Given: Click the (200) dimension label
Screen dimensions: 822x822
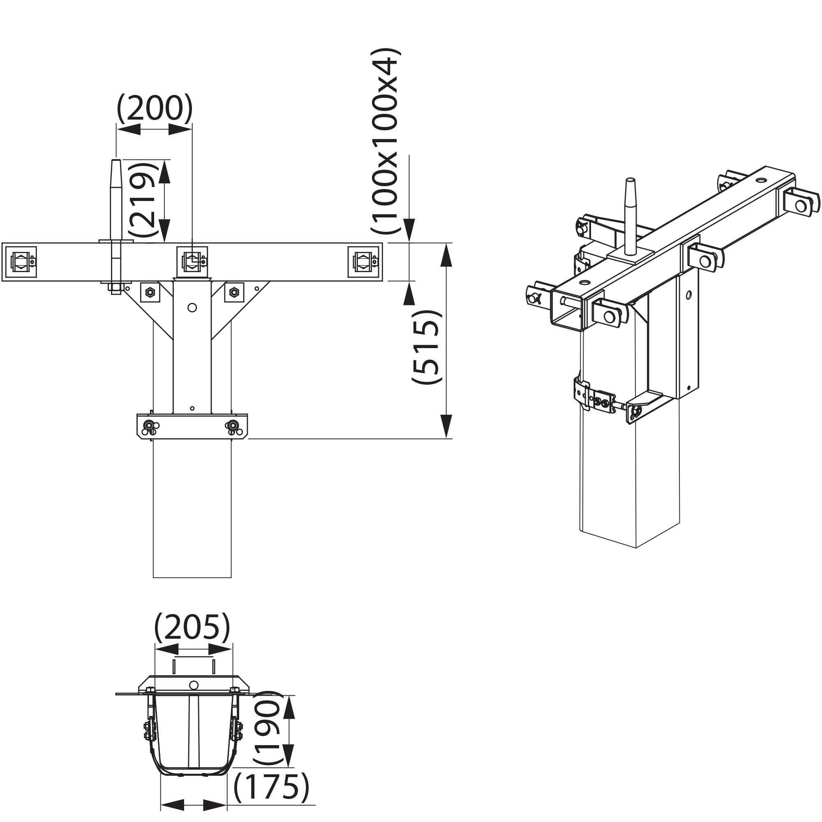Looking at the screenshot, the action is [155, 108].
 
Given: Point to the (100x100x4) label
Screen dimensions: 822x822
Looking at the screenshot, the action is [386, 141].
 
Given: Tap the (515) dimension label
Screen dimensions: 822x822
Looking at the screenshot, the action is [427, 347].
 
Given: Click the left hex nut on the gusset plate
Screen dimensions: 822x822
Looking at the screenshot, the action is [149, 292].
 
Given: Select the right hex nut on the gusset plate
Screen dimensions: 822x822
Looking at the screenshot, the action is [233, 292].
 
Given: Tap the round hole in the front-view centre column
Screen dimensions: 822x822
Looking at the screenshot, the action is [192, 307].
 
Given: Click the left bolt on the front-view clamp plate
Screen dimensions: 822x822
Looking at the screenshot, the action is [149, 425].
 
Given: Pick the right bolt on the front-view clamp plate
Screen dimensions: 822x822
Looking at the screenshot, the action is [233, 425].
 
